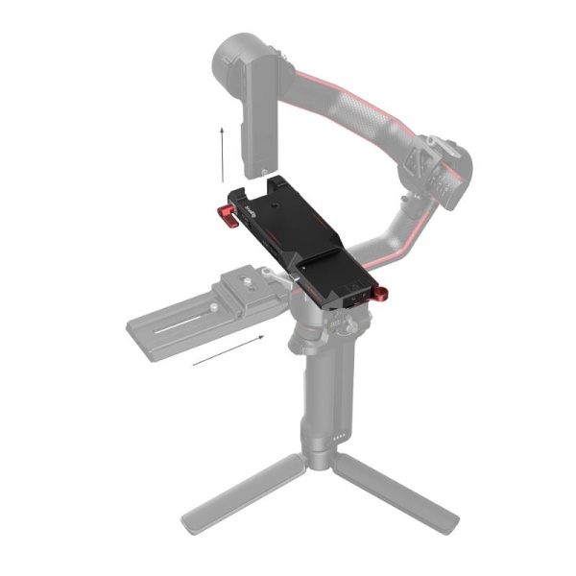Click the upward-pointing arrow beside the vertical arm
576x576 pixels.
click(x=221, y=149)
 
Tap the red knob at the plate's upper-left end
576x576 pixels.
click(x=225, y=210)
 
